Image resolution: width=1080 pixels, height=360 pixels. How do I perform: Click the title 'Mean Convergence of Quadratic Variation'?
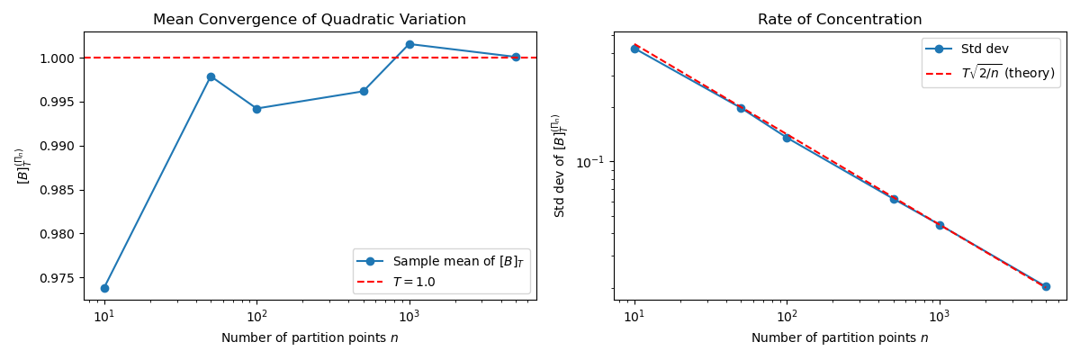pyautogui.click(x=310, y=20)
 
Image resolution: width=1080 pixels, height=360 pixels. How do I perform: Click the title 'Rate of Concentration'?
pyautogui.click(x=840, y=20)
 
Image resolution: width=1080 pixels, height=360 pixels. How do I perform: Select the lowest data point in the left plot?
pyautogui.click(x=104, y=288)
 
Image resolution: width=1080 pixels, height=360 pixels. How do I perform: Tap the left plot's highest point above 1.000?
pyautogui.click(x=409, y=44)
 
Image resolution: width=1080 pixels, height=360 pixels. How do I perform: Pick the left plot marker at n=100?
pyautogui.click(x=256, y=109)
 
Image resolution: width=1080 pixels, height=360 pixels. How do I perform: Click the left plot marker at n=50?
pyautogui.click(x=211, y=76)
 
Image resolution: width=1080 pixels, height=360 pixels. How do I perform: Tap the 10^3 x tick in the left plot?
pyautogui.click(x=409, y=317)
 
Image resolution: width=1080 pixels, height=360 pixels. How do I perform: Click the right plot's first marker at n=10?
pyautogui.click(x=634, y=49)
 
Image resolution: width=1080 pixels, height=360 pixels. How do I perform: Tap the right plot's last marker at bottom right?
pyautogui.click(x=1046, y=286)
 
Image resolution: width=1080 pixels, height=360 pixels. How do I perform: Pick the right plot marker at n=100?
pyautogui.click(x=787, y=138)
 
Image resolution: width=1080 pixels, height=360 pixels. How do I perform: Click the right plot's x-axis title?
pyautogui.click(x=840, y=338)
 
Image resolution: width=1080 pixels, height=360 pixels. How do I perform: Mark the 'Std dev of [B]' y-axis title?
pyautogui.click(x=558, y=166)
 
